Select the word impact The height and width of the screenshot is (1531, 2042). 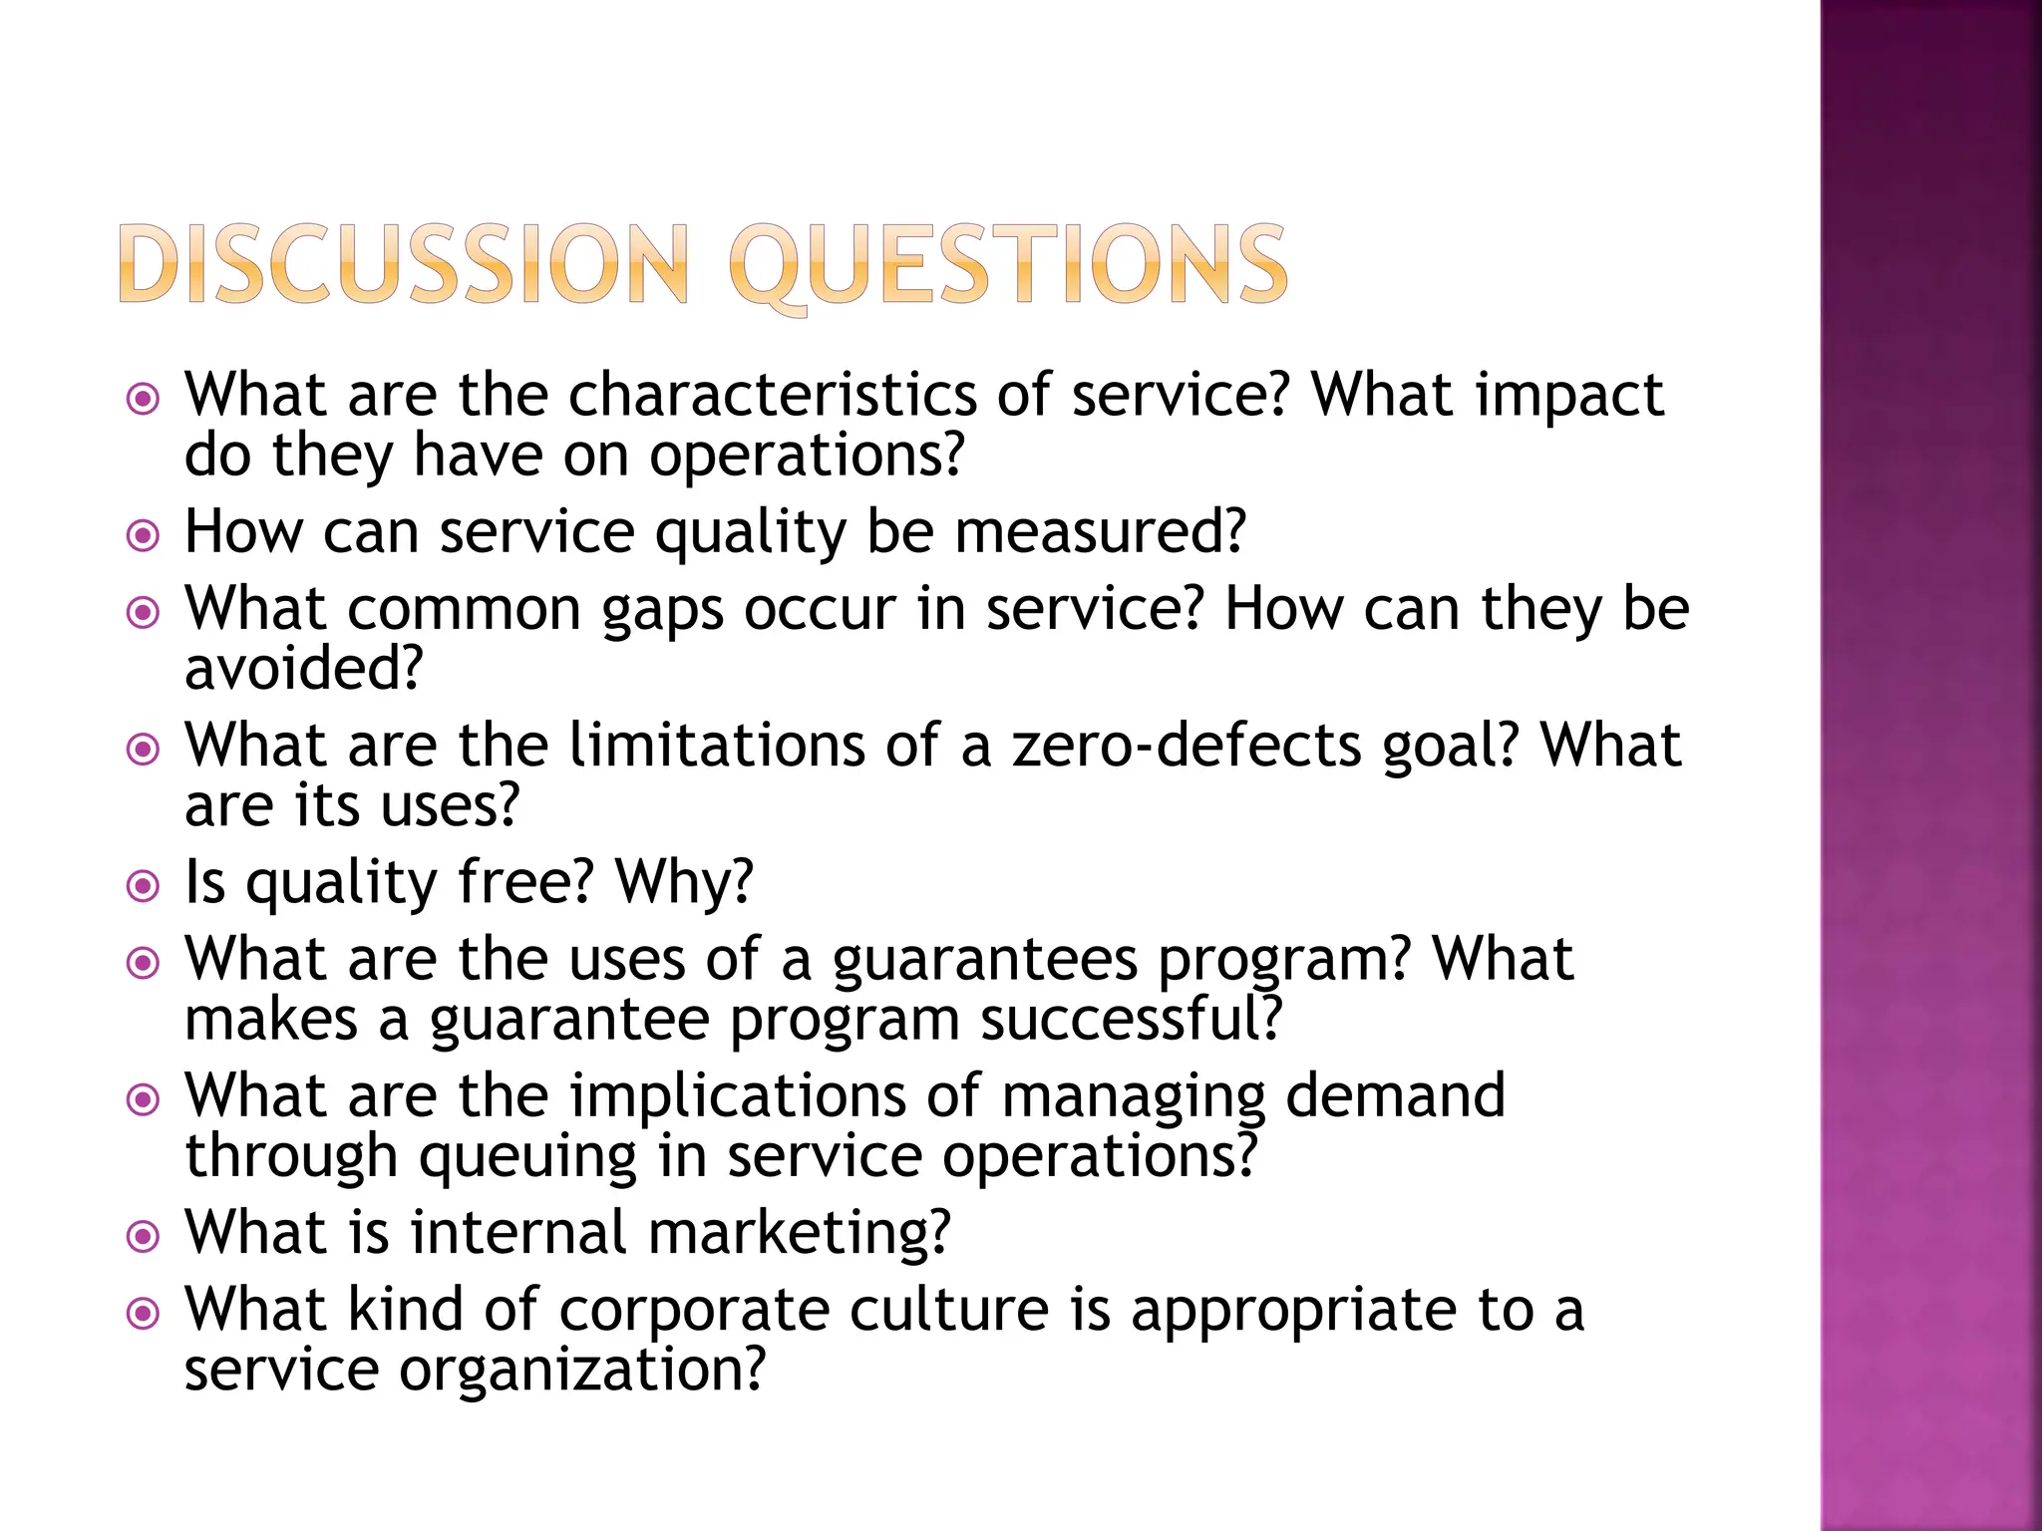tap(1569, 397)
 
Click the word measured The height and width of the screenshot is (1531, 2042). tap(1099, 532)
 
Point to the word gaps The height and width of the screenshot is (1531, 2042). tap(662, 612)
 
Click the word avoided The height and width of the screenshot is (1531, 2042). tap(303, 669)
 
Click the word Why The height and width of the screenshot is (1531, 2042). tap(684, 883)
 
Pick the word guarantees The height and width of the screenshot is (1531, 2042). tap(984, 961)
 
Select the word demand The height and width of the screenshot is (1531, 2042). tap(1395, 1096)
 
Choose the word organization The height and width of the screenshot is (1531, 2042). tap(581, 1371)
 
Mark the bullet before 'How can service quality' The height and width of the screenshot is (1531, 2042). tap(144, 536)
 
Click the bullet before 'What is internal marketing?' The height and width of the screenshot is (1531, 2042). tap(144, 1237)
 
